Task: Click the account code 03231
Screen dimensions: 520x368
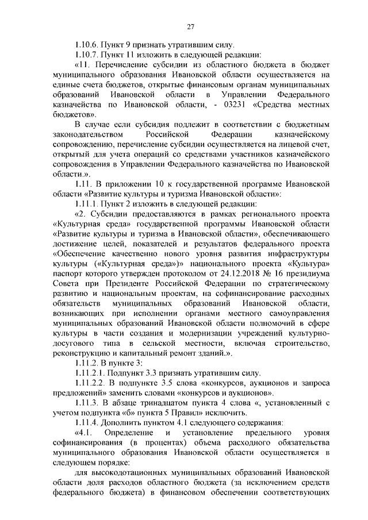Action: pyautogui.click(x=236, y=105)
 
